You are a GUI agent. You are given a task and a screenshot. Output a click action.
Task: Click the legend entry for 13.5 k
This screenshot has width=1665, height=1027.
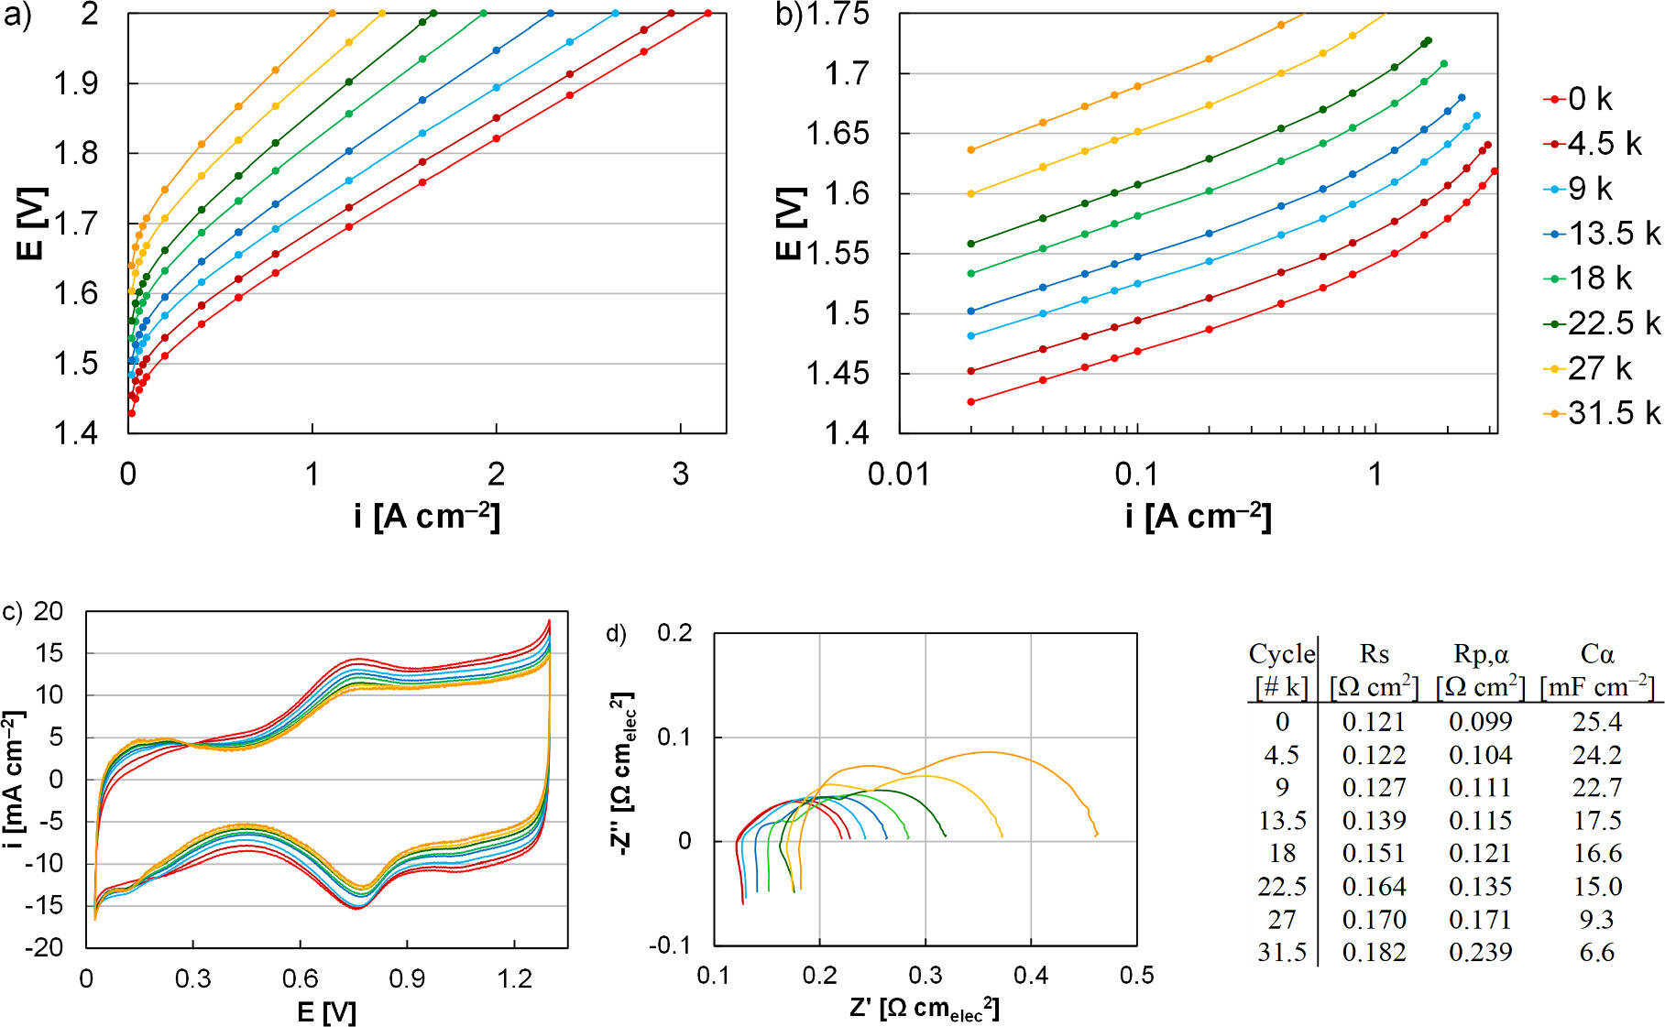coord(1604,234)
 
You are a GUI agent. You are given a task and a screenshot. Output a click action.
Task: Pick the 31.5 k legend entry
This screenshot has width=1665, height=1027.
coord(1604,413)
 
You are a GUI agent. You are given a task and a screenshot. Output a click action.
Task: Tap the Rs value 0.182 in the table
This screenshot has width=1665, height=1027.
coord(1373,953)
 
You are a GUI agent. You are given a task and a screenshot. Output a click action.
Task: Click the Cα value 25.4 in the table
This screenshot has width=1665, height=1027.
coord(1596,722)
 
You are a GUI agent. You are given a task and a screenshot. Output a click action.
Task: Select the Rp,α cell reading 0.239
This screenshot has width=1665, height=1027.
coord(1480,953)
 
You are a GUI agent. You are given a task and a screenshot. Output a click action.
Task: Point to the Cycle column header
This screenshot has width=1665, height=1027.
coord(1281,654)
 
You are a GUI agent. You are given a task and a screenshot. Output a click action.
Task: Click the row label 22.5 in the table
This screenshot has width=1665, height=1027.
coord(1281,887)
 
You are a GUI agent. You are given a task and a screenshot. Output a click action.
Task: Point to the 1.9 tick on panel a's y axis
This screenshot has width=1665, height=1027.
coord(76,83)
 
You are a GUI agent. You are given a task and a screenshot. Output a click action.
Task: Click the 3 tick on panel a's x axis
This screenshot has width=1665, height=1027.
coord(680,475)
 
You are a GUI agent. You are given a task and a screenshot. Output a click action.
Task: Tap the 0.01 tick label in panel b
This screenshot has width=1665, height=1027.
coord(898,475)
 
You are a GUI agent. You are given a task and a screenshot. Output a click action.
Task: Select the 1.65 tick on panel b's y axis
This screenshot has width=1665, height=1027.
coord(837,134)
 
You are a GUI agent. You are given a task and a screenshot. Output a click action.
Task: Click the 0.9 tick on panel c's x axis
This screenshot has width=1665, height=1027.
coord(407,979)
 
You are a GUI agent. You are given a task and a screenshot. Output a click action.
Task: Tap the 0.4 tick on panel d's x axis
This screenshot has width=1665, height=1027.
coord(1031,975)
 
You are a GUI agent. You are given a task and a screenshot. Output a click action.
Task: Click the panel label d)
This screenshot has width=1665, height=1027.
coord(616,633)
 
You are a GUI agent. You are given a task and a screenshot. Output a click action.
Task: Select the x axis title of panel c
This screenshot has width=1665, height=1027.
coord(326,1011)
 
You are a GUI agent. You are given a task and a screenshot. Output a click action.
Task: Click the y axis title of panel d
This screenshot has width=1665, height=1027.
coord(622,775)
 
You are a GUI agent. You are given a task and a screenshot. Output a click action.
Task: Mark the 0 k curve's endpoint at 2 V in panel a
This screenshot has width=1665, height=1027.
coord(708,13)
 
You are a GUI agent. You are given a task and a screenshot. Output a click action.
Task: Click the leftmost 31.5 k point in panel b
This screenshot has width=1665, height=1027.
coord(971,150)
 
